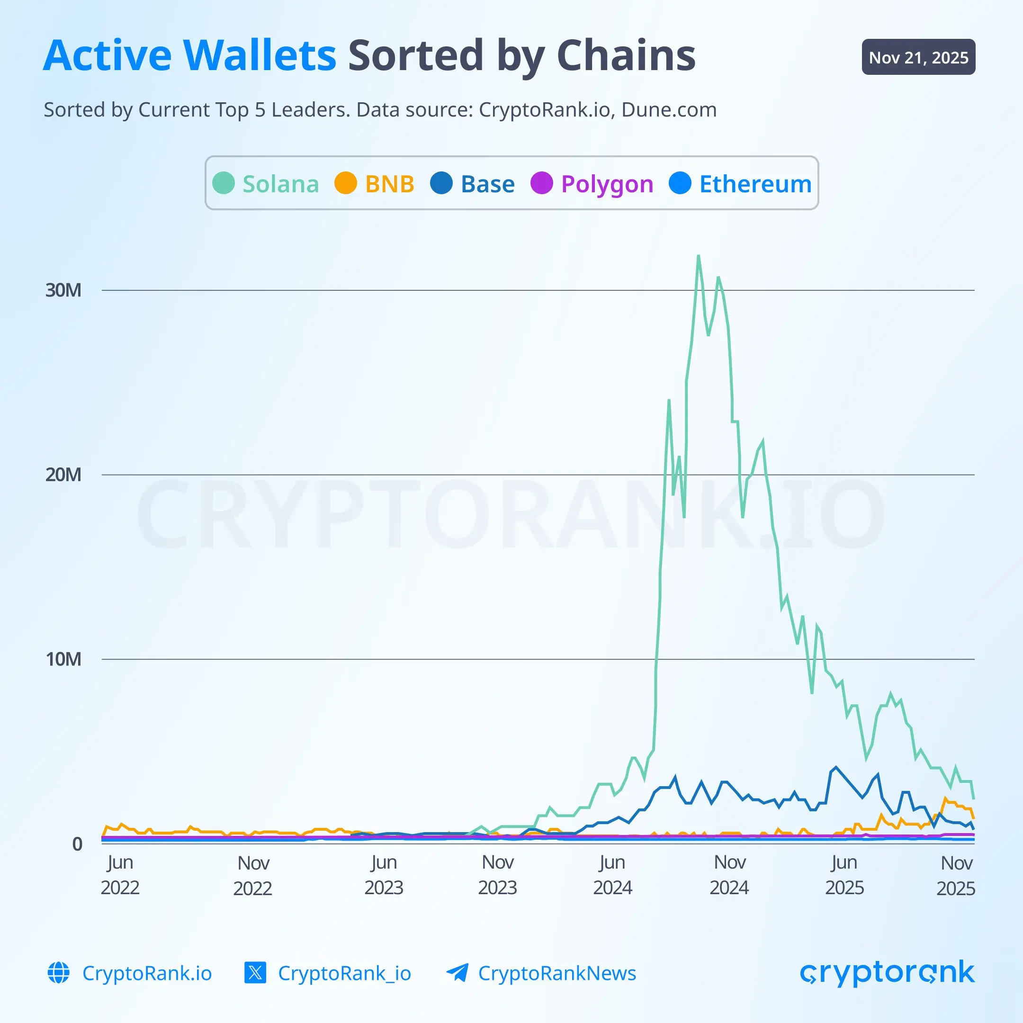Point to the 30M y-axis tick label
(63, 290)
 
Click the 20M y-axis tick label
(63, 475)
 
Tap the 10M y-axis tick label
(63, 659)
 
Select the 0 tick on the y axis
(77, 844)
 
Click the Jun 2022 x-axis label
(120, 875)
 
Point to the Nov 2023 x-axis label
(498, 875)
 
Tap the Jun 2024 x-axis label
(613, 875)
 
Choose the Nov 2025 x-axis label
(956, 875)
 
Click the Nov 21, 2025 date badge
(918, 57)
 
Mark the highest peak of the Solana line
(699, 256)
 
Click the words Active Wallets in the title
(189, 55)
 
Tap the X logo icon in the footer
(255, 973)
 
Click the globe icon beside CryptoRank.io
(59, 973)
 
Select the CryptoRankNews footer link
(556, 973)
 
